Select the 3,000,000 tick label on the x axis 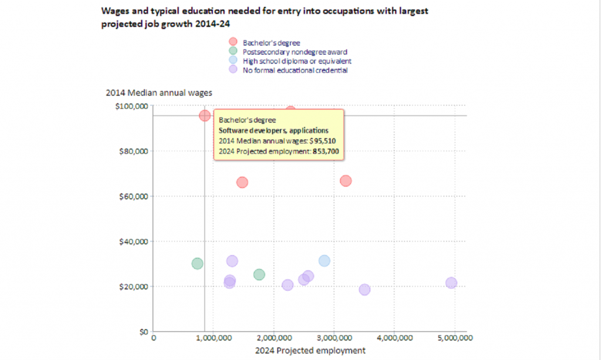(x=334, y=338)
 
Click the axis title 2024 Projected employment (x=310, y=351)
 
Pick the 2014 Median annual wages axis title (x=158, y=93)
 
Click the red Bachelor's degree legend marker (x=233, y=42)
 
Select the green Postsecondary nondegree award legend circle (x=233, y=51)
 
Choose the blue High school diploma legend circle (x=233, y=60)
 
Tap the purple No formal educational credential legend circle (x=233, y=69)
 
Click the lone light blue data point (x=324, y=261)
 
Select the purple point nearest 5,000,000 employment (x=451, y=283)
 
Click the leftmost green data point (x=197, y=264)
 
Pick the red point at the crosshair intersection (x=204, y=116)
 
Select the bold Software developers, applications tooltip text (x=273, y=131)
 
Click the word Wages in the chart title (x=114, y=11)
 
